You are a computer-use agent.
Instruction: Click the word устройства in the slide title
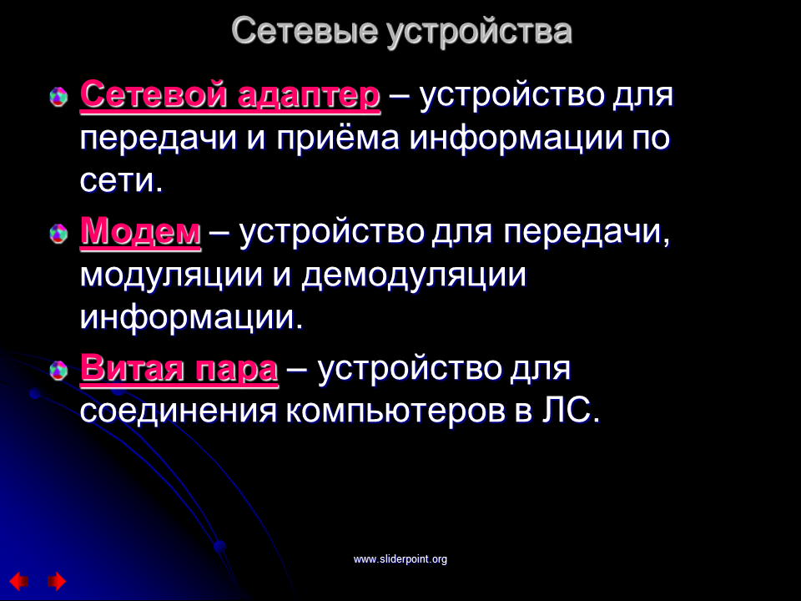479,33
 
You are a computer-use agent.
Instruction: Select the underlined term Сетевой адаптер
230,95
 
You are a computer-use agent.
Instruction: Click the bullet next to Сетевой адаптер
58,96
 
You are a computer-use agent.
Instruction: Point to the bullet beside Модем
58,234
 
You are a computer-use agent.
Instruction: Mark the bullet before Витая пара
58,371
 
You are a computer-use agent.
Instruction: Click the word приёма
338,139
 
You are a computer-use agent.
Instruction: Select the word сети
121,180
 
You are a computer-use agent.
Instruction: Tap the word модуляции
171,276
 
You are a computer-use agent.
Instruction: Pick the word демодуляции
414,276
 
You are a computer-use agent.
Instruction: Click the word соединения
179,411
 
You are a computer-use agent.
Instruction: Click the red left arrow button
19,581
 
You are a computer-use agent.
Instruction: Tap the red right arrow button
57,581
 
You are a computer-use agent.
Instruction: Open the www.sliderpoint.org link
400,559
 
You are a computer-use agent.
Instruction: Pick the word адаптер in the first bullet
309,96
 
